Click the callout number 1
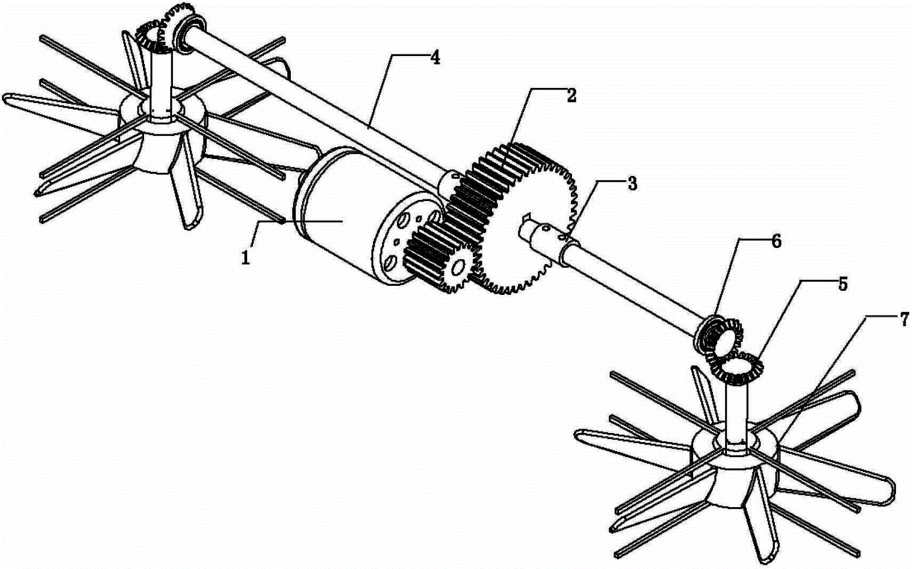tap(245, 258)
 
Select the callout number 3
tap(632, 183)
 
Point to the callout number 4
tap(435, 58)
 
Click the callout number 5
tap(842, 284)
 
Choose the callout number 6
tap(776, 242)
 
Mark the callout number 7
tap(903, 320)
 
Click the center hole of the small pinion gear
tap(458, 267)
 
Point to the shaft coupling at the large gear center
tap(544, 241)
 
